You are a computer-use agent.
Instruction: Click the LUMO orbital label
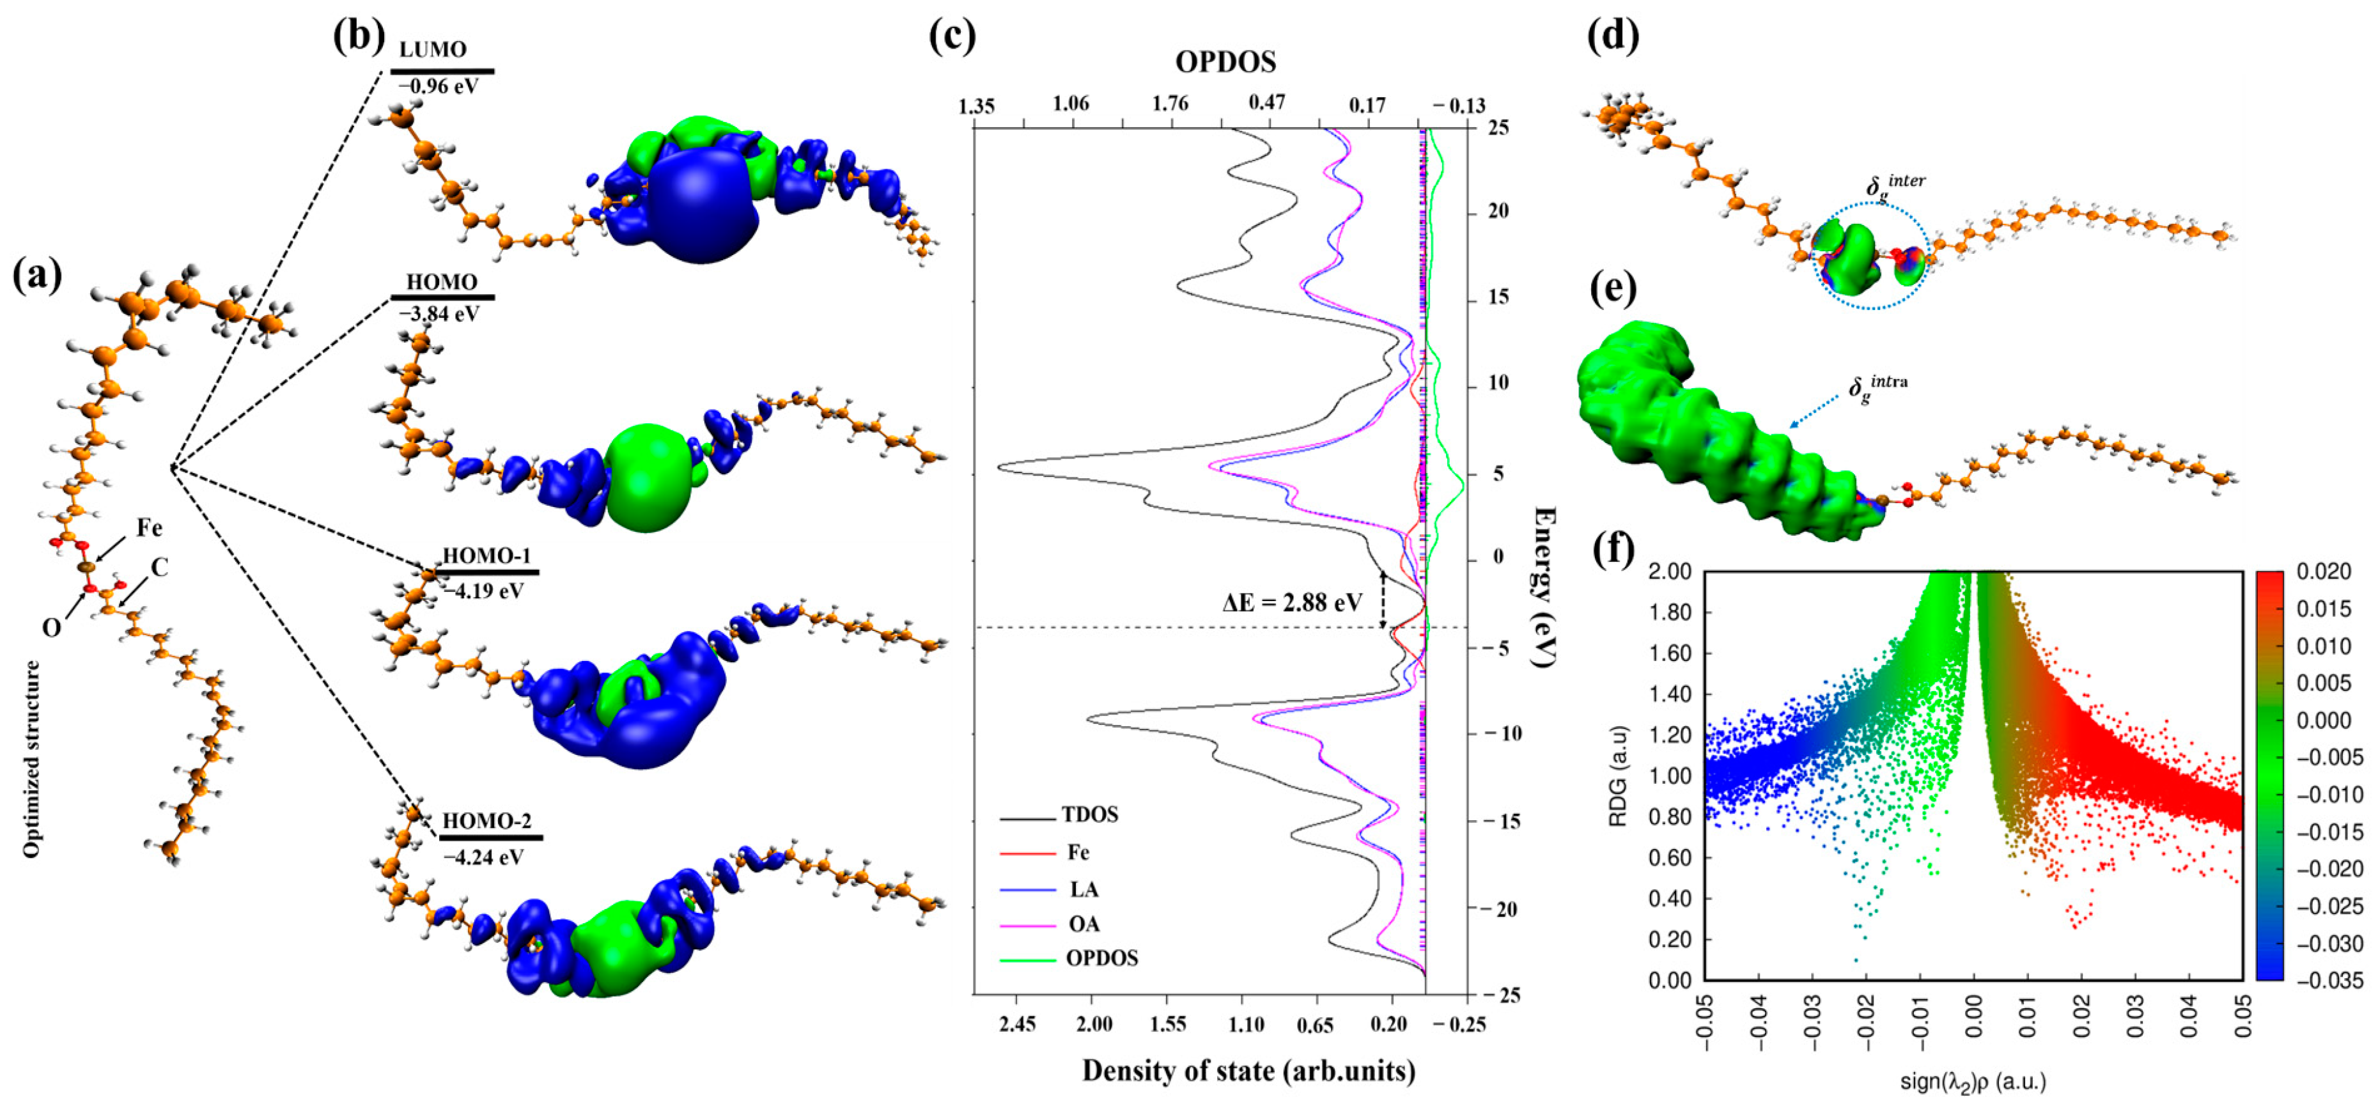coord(432,49)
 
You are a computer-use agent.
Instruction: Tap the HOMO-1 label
coord(486,556)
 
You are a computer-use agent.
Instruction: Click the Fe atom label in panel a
coord(150,528)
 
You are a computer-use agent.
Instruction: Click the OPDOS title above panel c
coord(1225,62)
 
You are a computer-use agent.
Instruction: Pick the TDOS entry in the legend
coord(1089,814)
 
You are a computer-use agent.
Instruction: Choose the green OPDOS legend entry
coord(1101,958)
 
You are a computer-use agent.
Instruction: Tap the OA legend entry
coord(1084,924)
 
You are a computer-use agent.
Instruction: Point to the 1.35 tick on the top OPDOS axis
coord(977,106)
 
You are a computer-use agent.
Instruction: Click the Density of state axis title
coord(1248,1071)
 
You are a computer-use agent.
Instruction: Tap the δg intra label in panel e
coord(1877,386)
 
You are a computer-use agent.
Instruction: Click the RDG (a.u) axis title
coord(1617,775)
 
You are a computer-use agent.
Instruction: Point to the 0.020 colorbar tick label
coord(2324,572)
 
